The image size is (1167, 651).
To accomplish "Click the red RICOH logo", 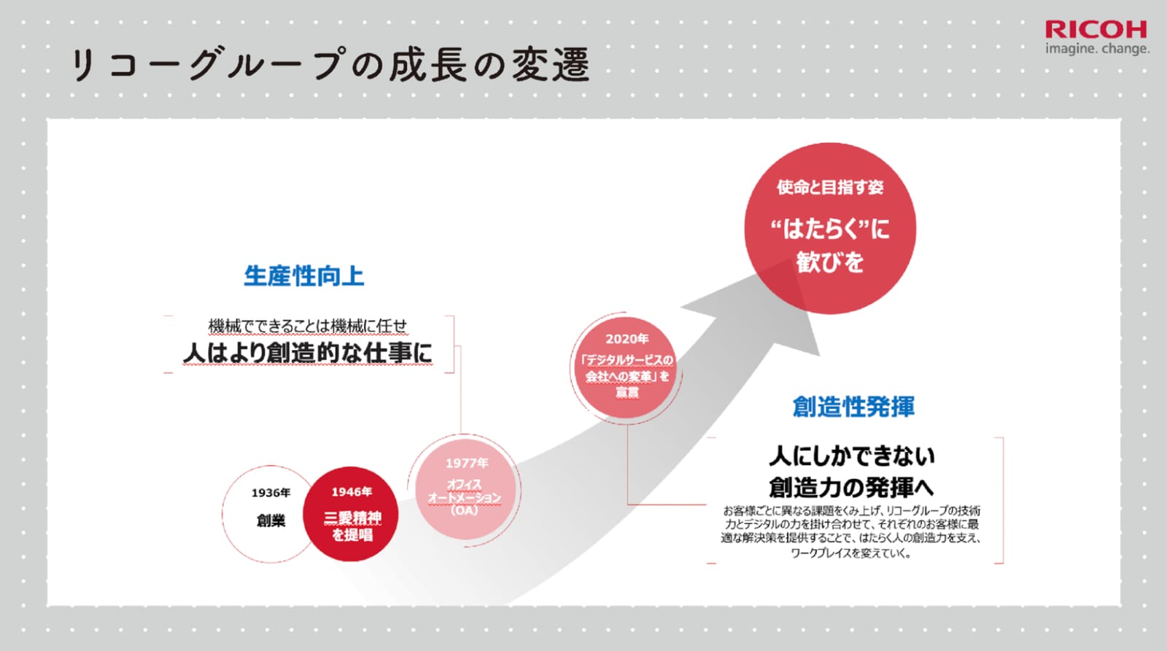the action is [1096, 30].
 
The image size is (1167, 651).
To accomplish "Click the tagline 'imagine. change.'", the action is [1097, 49].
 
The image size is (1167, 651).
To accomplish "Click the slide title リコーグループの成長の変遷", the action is [330, 65].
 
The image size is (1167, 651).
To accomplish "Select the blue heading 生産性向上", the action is [303, 276].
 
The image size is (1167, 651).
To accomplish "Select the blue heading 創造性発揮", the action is [853, 407].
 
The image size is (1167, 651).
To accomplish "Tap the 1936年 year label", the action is [271, 493].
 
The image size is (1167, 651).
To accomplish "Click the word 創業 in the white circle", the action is [271, 521].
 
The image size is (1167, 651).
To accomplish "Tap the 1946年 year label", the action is [352, 492].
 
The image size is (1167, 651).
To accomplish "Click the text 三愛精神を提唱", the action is [352, 526].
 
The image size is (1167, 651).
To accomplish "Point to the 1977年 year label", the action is [467, 463].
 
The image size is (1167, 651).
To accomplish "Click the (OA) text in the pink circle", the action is [464, 510].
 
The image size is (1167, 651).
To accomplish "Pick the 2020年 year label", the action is [627, 339].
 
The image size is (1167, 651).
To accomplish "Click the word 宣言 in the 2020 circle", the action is [627, 392].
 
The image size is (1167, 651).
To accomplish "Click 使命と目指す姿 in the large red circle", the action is [830, 187].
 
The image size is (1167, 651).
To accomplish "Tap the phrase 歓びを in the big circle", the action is [830, 262].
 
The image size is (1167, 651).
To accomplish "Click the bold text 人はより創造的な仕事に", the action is [307, 353].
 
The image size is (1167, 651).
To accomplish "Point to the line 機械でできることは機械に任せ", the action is [307, 326].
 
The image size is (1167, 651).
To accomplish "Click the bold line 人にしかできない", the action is [852, 456].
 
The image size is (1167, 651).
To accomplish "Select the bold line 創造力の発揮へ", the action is [851, 488].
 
